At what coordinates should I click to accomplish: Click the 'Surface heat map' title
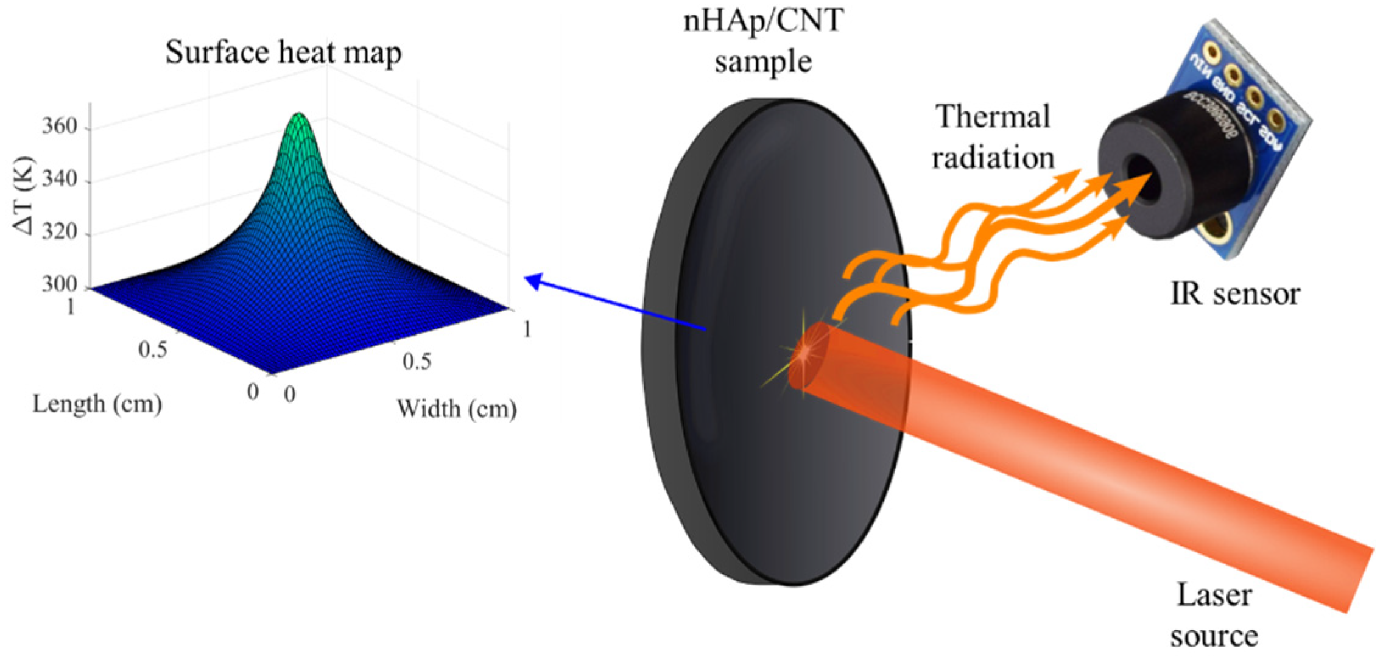[283, 52]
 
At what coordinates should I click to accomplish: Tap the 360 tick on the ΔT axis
[60, 126]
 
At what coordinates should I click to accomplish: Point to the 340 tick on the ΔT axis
[60, 179]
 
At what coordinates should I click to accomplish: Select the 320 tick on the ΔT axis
[60, 231]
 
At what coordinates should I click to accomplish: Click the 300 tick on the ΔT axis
[60, 284]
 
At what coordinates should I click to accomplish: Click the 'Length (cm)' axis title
[97, 404]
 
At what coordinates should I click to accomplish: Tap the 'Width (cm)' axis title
[457, 409]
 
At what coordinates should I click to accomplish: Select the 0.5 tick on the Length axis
[152, 350]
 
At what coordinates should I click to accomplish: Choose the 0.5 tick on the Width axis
[417, 362]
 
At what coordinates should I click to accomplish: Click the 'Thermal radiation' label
[993, 137]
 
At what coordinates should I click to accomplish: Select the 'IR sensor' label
[1235, 294]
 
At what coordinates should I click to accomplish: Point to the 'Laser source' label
[1214, 615]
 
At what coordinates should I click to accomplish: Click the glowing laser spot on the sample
[805, 352]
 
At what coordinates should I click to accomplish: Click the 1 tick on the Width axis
[527, 329]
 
